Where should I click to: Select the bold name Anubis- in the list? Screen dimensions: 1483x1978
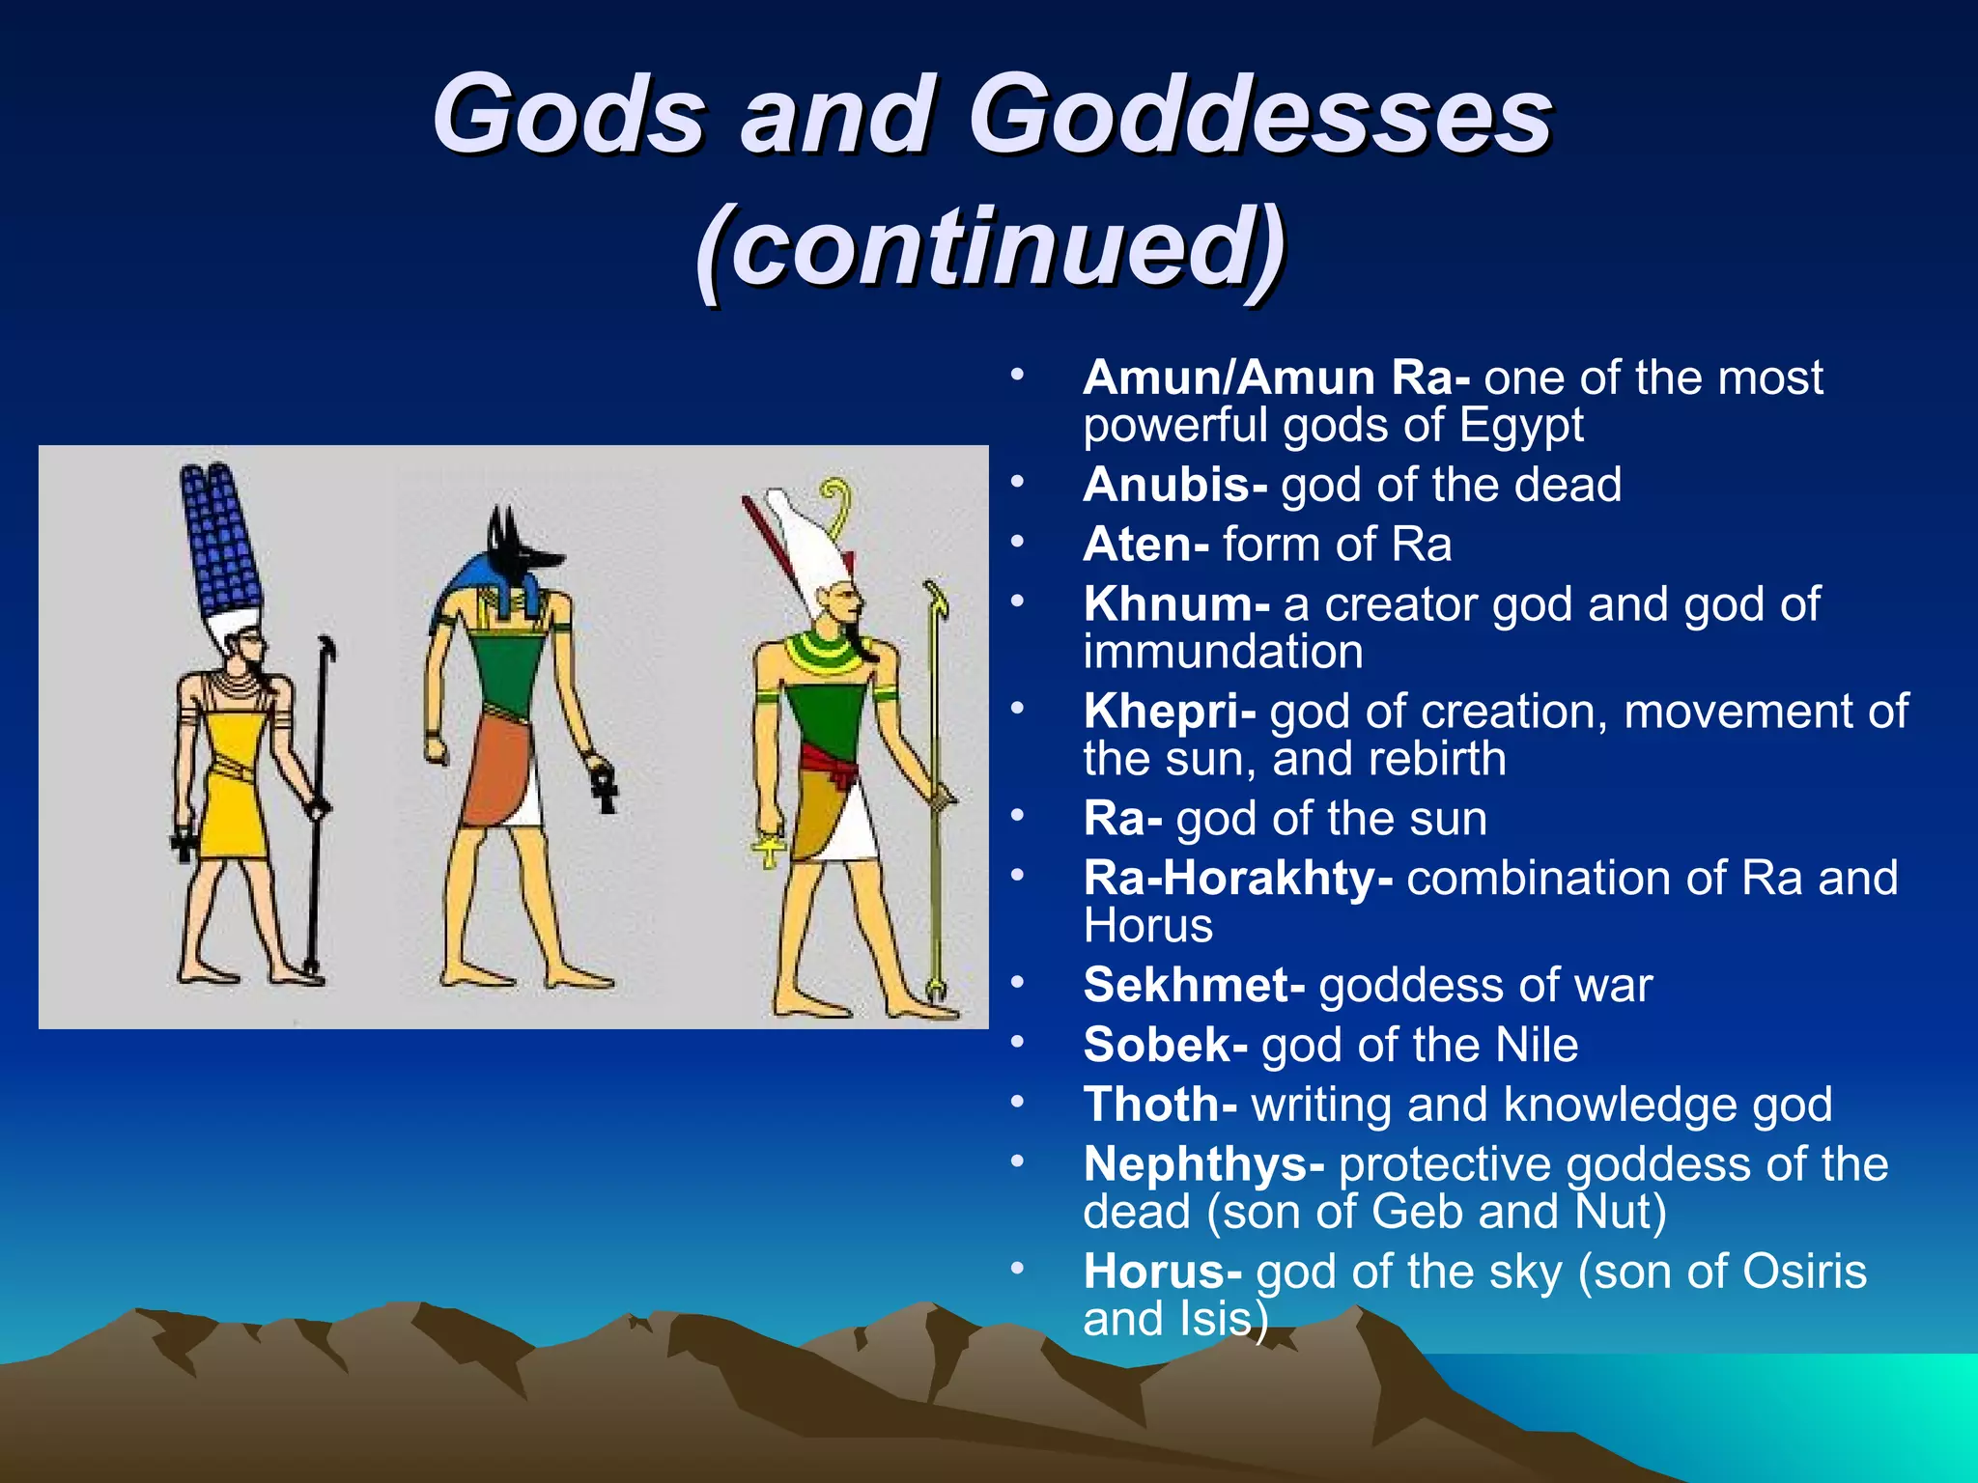pyautogui.click(x=1173, y=485)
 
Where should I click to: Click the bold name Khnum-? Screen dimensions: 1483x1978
pyautogui.click(x=1175, y=604)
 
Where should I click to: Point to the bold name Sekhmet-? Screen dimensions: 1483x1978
pyautogui.click(x=1193, y=986)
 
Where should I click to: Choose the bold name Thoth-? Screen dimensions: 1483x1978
pyautogui.click(x=1159, y=1105)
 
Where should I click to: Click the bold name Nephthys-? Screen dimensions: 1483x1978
pyautogui.click(x=1202, y=1164)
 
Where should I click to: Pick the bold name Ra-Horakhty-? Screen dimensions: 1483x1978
pyautogui.click(x=1237, y=879)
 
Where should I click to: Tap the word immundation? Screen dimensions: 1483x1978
pyautogui.click(x=1223, y=652)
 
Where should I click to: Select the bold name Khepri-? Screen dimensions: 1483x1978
pyautogui.click(x=1169, y=712)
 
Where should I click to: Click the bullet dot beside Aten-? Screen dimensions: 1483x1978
pyautogui.click(x=1016, y=543)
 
